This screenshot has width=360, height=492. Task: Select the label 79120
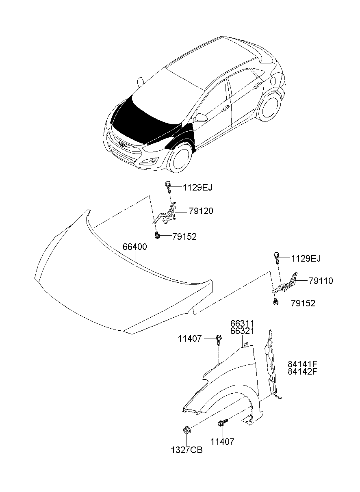pyautogui.click(x=201, y=212)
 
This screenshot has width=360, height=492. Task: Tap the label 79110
pyautogui.click(x=321, y=281)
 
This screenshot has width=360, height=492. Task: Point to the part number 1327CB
pyautogui.click(x=187, y=451)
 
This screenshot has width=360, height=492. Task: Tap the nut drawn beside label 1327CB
pyautogui.click(x=187, y=429)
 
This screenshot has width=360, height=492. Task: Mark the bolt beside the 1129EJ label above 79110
pyautogui.click(x=276, y=258)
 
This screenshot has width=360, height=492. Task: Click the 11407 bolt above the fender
pyautogui.click(x=219, y=339)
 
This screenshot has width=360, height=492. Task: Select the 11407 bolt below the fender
pyautogui.click(x=222, y=424)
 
